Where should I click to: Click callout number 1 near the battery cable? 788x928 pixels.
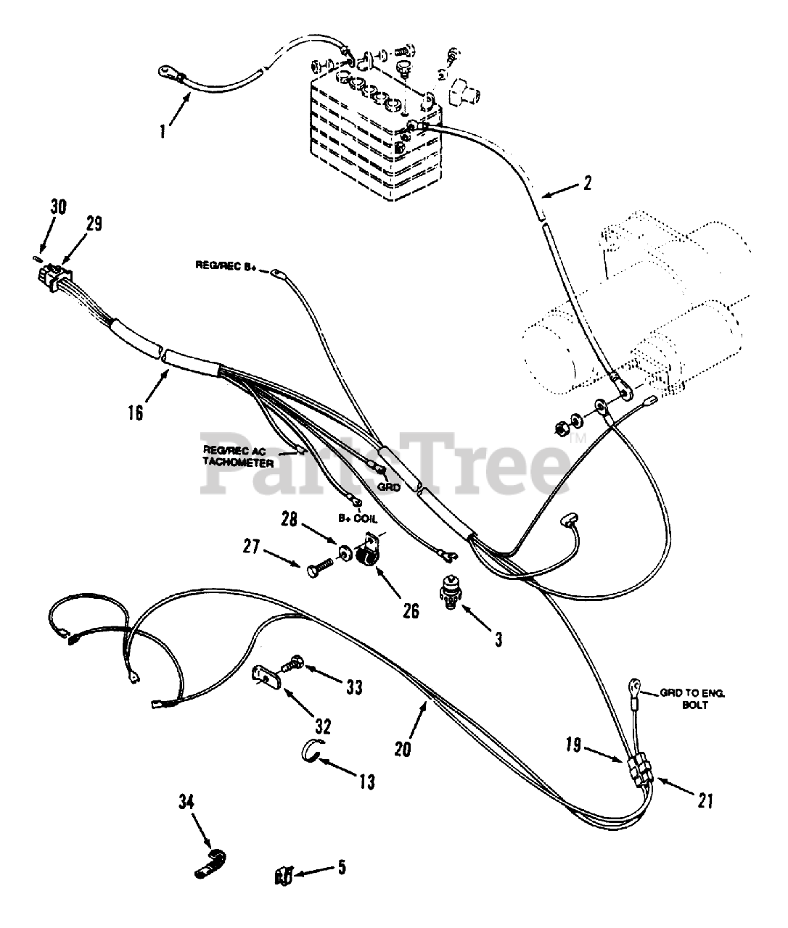[x=163, y=133]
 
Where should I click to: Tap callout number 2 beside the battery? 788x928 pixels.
[x=587, y=182]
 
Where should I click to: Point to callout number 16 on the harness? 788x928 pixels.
[x=135, y=412]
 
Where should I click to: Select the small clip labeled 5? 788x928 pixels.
[x=284, y=876]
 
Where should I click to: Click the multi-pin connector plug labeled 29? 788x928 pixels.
[x=54, y=275]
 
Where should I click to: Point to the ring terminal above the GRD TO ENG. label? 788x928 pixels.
[x=635, y=683]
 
